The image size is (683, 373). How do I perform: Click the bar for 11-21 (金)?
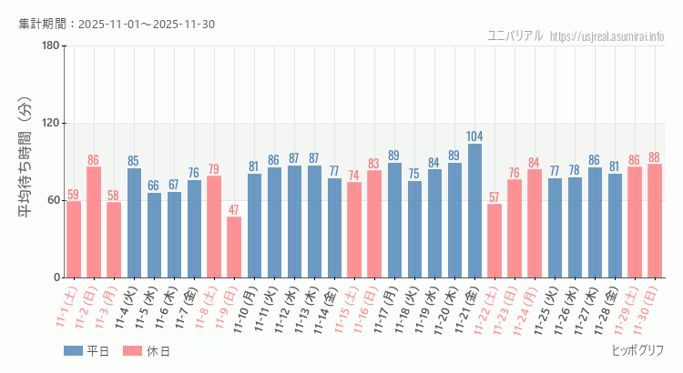pyautogui.click(x=474, y=210)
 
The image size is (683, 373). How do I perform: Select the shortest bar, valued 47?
pyautogui.click(x=234, y=247)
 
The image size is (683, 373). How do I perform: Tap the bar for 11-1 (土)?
pyautogui.click(x=74, y=239)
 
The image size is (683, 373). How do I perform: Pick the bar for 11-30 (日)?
pyautogui.click(x=655, y=220)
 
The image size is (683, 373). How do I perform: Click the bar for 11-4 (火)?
pyautogui.click(x=134, y=223)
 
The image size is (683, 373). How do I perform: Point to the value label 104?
pyautogui.click(x=474, y=136)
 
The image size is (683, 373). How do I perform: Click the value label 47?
pyautogui.click(x=234, y=210)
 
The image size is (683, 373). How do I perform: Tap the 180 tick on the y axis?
pyautogui.click(x=51, y=46)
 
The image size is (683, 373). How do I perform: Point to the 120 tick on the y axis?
pyautogui.click(x=51, y=124)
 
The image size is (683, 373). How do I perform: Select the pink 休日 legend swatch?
pyautogui.click(x=133, y=350)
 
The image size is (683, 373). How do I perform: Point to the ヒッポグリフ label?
pyautogui.click(x=637, y=350)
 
